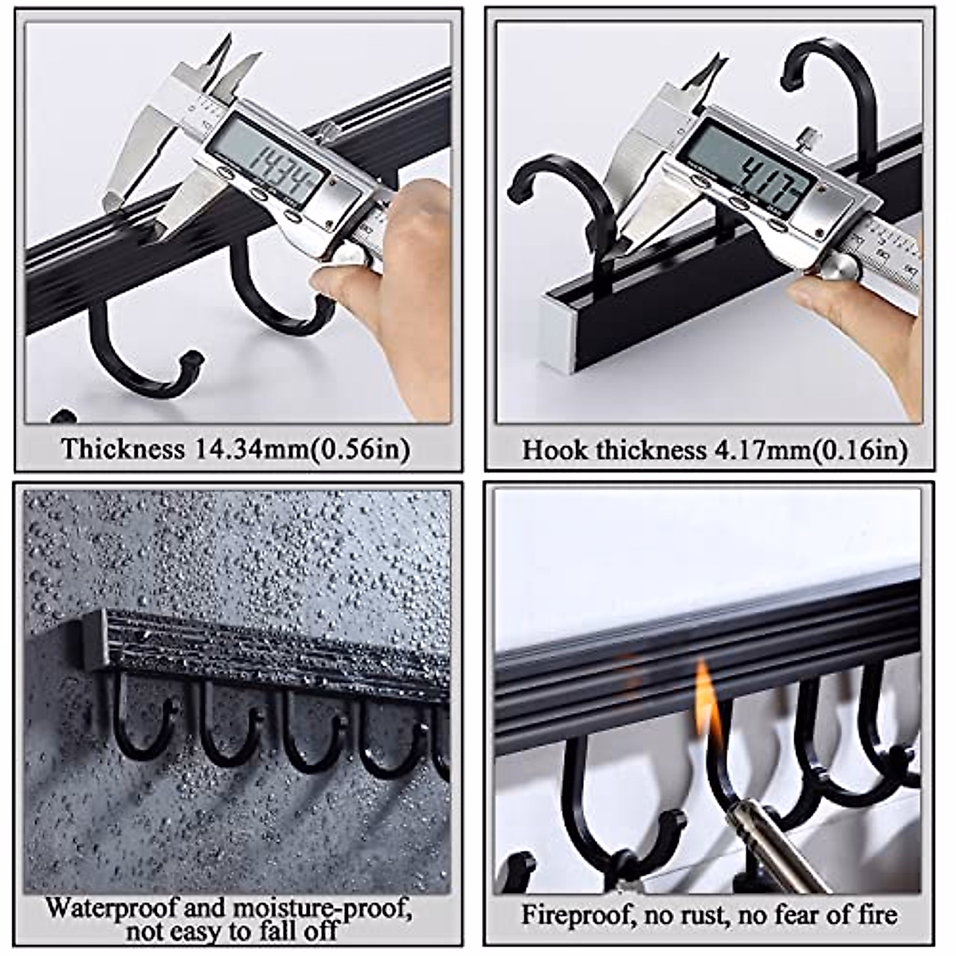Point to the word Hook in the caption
tap(549, 450)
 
